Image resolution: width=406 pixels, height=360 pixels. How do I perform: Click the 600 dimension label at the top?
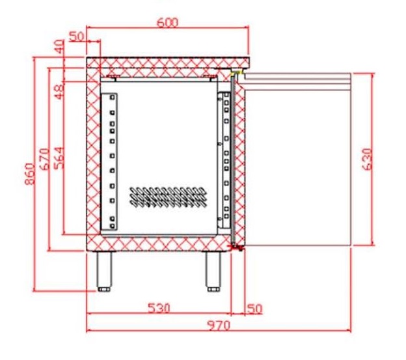point(167,23)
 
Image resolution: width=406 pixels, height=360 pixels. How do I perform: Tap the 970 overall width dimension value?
point(219,325)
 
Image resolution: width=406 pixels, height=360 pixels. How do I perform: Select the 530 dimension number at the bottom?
point(159,308)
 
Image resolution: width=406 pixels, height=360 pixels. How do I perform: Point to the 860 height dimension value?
point(30,174)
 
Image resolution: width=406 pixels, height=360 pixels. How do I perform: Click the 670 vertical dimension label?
point(45,159)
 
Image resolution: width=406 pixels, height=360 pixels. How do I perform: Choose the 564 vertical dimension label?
point(59,158)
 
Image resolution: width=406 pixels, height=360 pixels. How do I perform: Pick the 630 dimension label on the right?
point(367,159)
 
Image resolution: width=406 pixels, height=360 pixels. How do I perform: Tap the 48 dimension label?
point(59,92)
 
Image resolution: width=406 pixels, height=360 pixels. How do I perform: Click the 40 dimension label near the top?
point(59,47)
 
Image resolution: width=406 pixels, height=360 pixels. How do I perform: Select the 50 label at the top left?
point(77,36)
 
